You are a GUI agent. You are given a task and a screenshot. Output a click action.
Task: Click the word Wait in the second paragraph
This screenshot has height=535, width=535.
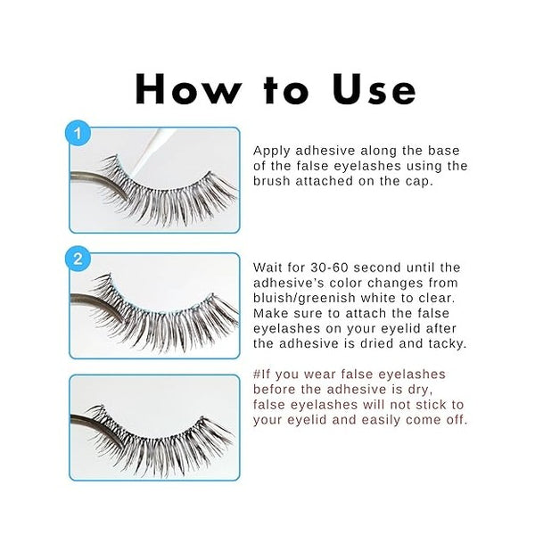tap(269, 267)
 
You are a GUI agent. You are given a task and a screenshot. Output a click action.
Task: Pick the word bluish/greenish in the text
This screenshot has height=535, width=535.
tap(309, 298)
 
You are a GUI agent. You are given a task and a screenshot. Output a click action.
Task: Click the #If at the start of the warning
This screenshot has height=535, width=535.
tap(264, 374)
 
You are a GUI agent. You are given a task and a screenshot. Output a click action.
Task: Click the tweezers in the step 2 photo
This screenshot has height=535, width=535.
tap(94, 299)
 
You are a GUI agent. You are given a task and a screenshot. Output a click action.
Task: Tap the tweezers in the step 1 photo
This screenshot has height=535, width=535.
tap(94, 179)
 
